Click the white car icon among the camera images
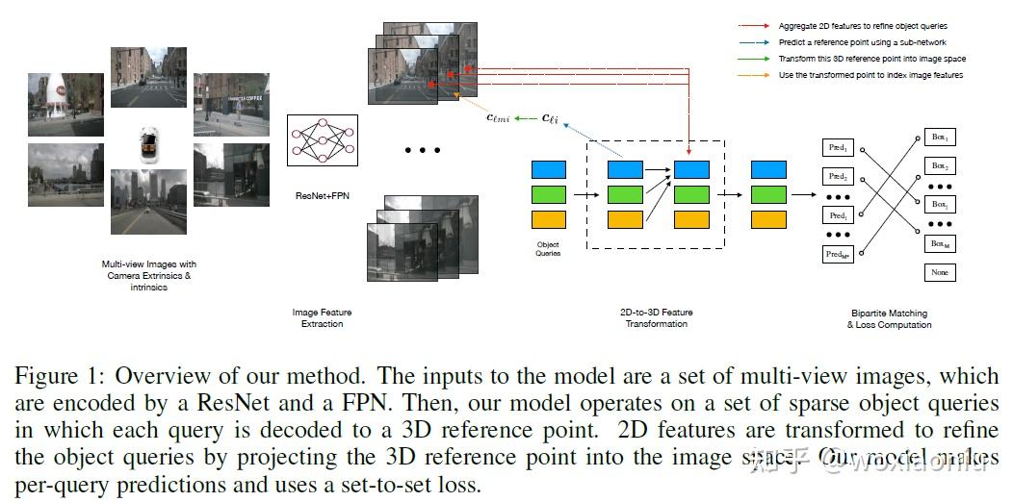click(148, 142)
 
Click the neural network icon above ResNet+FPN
click(323, 142)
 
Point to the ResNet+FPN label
click(322, 195)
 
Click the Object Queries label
click(548, 249)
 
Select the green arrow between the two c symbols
click(526, 118)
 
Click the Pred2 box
click(838, 177)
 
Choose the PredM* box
click(838, 254)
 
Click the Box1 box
click(939, 138)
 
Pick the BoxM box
click(939, 245)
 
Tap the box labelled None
click(939, 273)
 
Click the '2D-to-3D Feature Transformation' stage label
click(656, 318)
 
